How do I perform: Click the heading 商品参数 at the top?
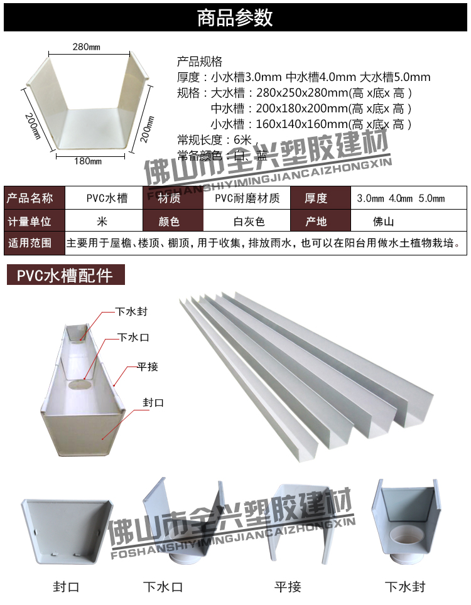[235, 18]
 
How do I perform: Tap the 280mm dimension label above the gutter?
[86, 47]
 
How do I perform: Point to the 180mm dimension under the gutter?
[88, 161]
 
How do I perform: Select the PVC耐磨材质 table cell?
[247, 199]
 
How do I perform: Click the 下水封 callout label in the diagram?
[131, 311]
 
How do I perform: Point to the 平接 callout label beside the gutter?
[148, 367]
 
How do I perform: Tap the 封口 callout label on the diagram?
[153, 402]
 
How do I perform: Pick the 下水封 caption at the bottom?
[404, 587]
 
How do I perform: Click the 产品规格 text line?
[200, 62]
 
